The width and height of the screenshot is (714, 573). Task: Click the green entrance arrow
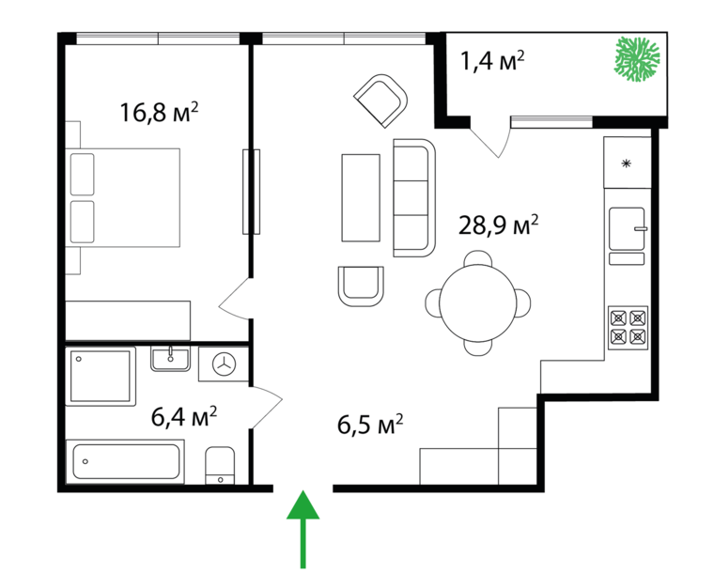303,528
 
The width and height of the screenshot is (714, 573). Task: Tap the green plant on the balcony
637,59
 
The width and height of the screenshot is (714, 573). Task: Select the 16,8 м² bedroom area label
159,113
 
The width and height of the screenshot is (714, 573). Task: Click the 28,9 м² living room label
498,225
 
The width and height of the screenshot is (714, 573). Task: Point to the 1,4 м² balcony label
492,60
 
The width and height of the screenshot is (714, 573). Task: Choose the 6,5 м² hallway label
370,425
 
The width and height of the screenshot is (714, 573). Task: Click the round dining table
477,302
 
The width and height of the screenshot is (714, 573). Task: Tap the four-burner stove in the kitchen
628,327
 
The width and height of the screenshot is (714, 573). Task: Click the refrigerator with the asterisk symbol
627,163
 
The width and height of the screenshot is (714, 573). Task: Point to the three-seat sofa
414,198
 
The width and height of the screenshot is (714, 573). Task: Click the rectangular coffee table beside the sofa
361,197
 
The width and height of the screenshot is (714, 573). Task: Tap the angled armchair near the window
381,101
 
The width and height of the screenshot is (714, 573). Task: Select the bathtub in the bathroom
126,461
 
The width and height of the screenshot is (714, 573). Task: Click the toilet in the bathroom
220,465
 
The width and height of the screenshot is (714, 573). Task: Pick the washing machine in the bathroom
224,364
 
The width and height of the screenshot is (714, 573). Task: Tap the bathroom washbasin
170,359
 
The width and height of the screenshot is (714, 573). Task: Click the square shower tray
101,376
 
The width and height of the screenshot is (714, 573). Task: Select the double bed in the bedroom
123,197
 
